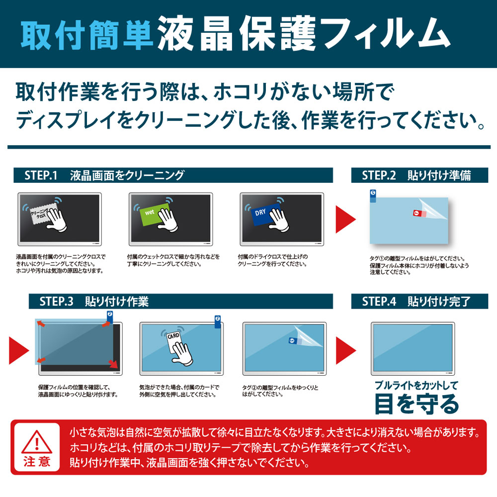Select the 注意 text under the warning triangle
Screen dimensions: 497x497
click(37, 462)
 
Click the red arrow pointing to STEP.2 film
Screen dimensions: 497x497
click(345, 219)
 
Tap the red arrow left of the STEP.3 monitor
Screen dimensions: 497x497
click(19, 350)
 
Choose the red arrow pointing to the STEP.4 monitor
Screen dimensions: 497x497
click(346, 350)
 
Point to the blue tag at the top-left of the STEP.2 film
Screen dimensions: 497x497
click(373, 196)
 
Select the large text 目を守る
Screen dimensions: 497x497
click(416, 404)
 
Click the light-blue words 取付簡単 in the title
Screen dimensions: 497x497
click(87, 35)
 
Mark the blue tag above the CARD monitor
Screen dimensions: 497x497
click(218, 322)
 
